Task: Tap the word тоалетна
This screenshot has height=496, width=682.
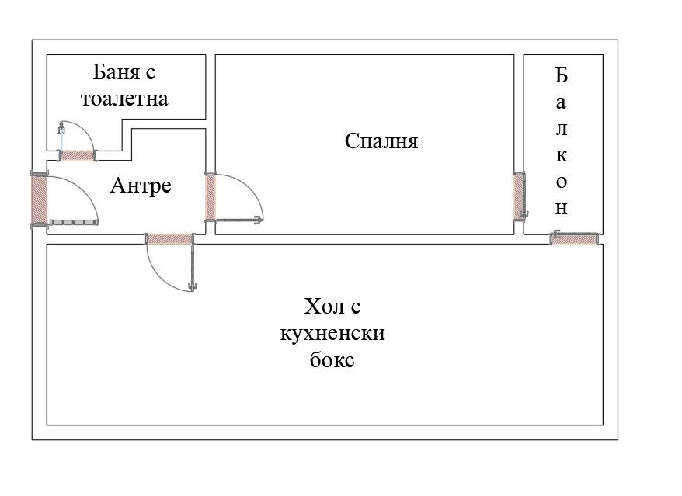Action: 124,99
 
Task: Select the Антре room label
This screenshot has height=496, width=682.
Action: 141,186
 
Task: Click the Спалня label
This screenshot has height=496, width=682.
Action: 381,141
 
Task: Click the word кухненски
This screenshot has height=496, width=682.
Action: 332,335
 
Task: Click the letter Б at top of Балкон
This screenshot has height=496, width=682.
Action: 562,75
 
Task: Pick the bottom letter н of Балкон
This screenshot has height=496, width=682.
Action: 562,209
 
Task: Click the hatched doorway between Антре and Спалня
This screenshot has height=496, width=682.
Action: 211,196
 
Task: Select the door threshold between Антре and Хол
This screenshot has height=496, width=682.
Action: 169,239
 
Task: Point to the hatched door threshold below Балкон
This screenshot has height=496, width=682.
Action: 574,239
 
